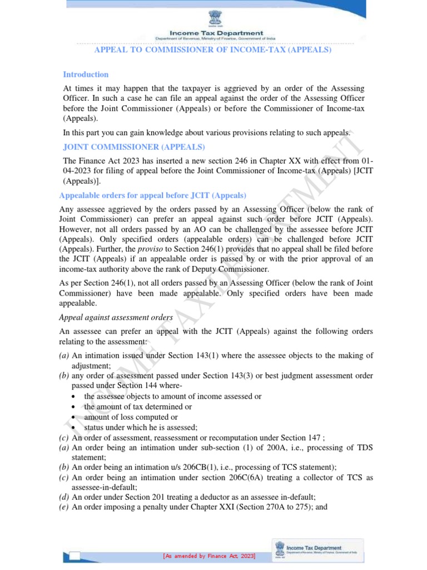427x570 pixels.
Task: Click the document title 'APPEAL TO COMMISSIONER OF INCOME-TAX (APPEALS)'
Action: click(x=213, y=50)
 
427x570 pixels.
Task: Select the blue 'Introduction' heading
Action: click(x=86, y=75)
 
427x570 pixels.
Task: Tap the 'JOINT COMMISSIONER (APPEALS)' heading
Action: click(x=134, y=147)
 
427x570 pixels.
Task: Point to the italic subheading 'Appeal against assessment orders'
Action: click(x=116, y=317)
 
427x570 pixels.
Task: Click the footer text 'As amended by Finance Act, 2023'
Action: click(x=212, y=556)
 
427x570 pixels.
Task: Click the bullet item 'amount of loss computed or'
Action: click(x=131, y=417)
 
